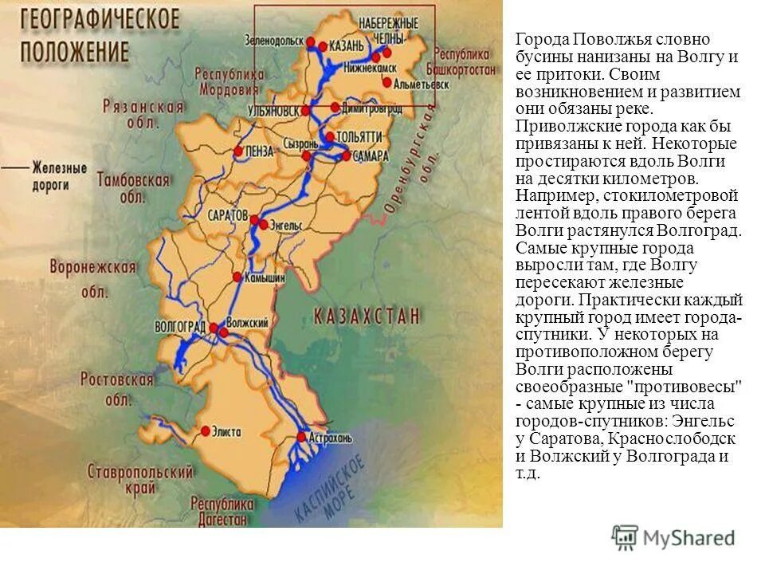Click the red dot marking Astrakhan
click(x=301, y=436)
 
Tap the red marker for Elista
click(x=205, y=431)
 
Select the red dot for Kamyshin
click(x=237, y=277)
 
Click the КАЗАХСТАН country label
click(x=367, y=316)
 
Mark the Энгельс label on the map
click(x=288, y=225)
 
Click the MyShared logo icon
click(x=626, y=537)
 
